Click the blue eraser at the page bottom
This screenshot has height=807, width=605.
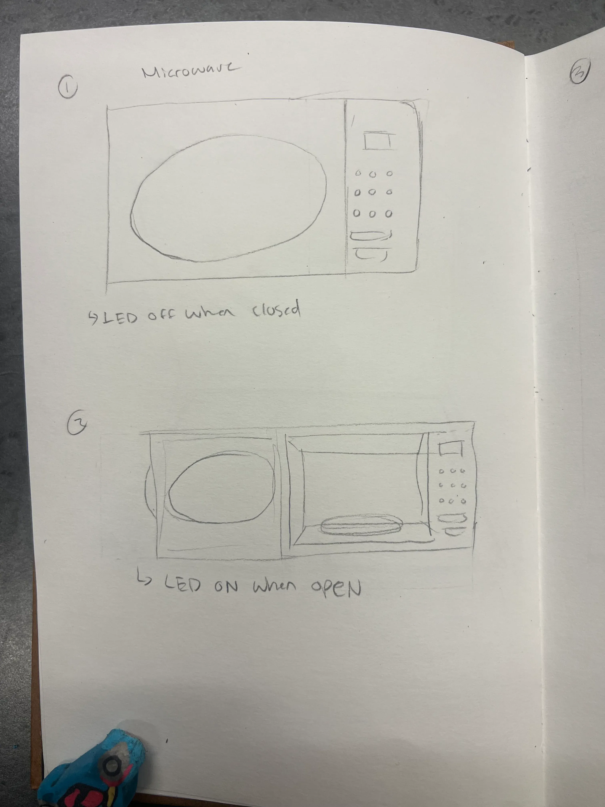click(93, 773)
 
